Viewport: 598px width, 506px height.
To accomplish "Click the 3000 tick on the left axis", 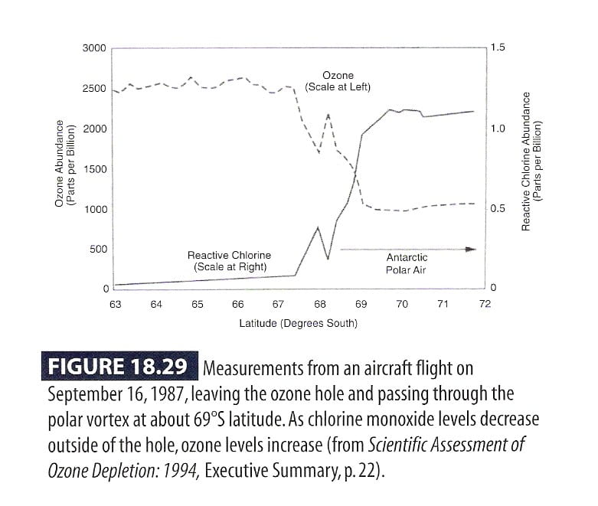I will [94, 48].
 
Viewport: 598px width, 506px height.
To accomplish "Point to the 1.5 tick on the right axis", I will [498, 47].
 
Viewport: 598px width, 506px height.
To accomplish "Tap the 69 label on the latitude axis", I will [361, 304].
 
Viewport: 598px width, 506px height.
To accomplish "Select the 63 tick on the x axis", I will [115, 304].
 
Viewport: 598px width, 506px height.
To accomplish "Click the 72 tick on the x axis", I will [484, 304].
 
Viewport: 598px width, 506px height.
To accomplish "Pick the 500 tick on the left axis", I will [98, 249].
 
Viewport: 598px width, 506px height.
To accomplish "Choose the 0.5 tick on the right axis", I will [498, 208].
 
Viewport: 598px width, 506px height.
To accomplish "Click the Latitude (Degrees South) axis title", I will [298, 323].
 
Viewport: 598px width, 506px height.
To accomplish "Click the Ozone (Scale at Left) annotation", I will [338, 81].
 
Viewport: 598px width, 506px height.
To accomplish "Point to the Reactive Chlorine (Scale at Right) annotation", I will [229, 261].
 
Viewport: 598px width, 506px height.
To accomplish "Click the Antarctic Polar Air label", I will [407, 264].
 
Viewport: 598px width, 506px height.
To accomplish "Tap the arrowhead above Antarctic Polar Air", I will [472, 249].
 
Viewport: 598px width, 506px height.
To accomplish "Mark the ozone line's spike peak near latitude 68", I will [328, 115].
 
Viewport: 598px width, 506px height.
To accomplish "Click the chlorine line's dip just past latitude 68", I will [328, 259].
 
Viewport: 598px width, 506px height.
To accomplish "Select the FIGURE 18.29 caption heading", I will [118, 367].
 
